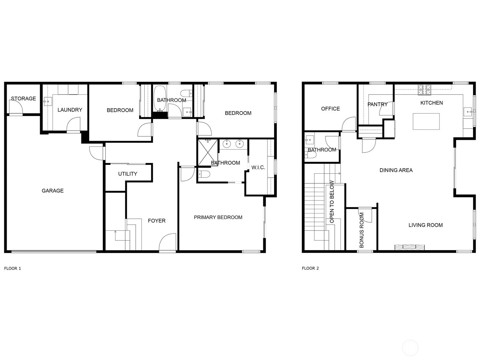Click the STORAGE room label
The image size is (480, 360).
(x=23, y=99)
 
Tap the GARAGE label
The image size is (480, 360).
(x=53, y=190)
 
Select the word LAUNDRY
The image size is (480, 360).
(x=70, y=110)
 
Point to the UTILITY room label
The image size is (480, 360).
(x=128, y=174)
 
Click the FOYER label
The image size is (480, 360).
(x=157, y=221)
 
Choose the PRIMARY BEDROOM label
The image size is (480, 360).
(x=218, y=217)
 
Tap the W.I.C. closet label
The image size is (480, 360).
(x=258, y=168)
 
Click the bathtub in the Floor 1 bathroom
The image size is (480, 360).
(x=160, y=98)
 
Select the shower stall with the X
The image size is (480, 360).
(x=208, y=153)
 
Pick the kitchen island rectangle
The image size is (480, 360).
(x=426, y=121)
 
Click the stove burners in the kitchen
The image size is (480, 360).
(x=425, y=90)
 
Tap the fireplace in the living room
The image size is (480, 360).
(x=409, y=247)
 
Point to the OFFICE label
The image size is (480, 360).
(x=330, y=109)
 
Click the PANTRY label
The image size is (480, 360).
(x=377, y=104)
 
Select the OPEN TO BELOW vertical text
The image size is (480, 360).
(x=332, y=202)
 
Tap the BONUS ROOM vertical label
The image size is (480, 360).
(x=361, y=230)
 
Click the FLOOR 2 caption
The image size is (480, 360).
(x=310, y=268)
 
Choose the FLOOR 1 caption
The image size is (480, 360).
(x=13, y=268)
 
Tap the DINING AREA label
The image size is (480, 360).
(x=396, y=170)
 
